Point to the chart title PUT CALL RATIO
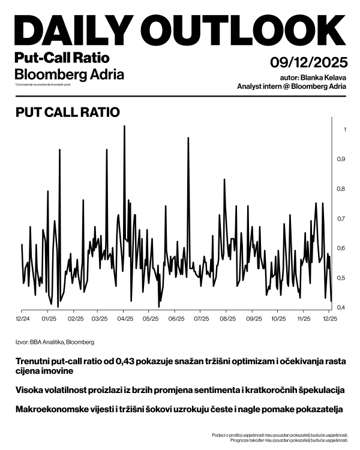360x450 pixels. (x=68, y=112)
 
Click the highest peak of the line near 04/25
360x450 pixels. (x=124, y=127)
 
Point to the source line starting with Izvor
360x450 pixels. (x=55, y=342)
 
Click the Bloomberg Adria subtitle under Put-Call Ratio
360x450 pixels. (x=69, y=75)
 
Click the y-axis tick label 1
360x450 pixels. (x=344, y=130)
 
